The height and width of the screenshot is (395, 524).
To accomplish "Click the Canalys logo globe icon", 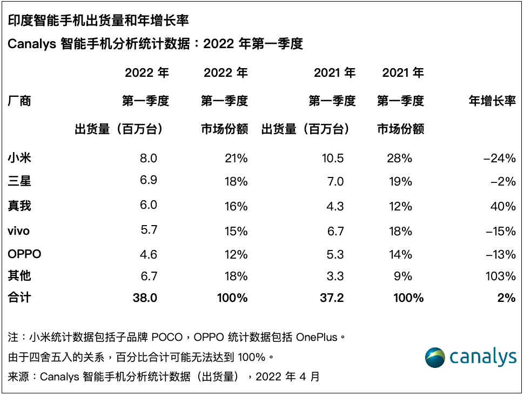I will coord(435,358).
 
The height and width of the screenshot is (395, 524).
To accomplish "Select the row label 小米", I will coord(19,158).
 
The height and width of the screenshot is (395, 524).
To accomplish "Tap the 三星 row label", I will coord(19,182).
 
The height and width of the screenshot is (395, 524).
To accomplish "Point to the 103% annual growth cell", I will coord(501,276).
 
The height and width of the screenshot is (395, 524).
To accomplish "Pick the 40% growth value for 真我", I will coord(504,206).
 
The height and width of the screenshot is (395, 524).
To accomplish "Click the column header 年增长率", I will coord(492,101).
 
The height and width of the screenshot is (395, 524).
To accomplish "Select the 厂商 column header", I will coord(19,101).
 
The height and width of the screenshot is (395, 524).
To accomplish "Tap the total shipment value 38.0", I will coord(144,298).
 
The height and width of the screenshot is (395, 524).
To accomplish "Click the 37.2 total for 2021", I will coord(331,298).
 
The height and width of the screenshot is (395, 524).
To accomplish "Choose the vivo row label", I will coord(19,231).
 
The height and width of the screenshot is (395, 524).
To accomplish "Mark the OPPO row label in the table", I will coord(25,254).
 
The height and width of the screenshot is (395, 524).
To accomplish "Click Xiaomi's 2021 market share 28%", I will coord(400,158).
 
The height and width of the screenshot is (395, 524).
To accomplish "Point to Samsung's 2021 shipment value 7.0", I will coord(335,182).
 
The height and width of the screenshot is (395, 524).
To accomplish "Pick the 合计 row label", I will coord(19,298).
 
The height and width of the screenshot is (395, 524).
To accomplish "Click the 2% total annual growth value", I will coord(507,298).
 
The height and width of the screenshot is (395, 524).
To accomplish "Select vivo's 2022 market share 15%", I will coord(236,231).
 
